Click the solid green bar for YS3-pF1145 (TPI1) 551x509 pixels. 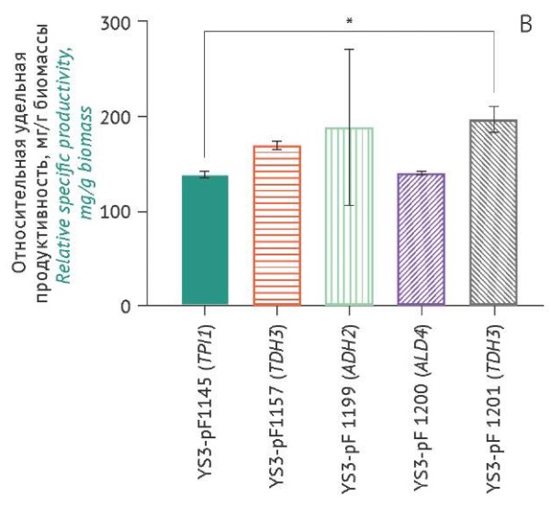(x=205, y=240)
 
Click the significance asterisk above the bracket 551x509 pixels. (x=349, y=21)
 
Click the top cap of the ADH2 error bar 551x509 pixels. (x=349, y=49)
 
